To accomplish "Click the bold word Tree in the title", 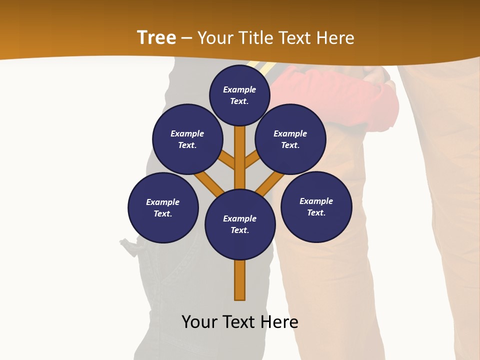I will click(156, 38).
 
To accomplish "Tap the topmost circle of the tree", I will click(239, 95).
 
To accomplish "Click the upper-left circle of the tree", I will click(187, 139).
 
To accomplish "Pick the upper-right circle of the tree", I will click(290, 139).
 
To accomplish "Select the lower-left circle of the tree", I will click(163, 207).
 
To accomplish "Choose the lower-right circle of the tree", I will click(316, 206).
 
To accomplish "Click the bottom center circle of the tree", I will click(240, 224).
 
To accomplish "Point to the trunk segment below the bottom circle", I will click(240, 280).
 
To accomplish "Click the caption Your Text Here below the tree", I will click(240, 322).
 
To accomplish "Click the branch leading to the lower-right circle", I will click(270, 183).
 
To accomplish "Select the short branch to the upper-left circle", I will click(227, 160).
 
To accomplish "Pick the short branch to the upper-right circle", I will click(252, 160).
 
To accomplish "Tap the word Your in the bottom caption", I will click(199, 322).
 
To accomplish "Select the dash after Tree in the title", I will click(186, 38).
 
